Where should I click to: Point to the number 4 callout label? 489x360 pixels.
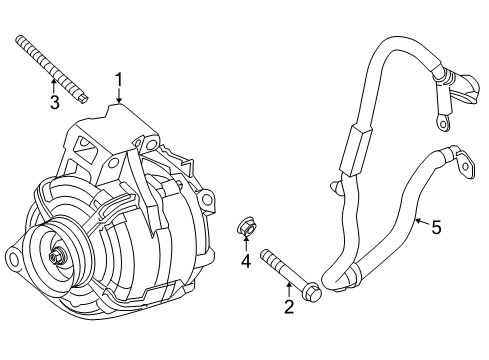[x=244, y=263]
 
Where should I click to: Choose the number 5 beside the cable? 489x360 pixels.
[x=436, y=227]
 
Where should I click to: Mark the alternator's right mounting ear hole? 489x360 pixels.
[x=208, y=202]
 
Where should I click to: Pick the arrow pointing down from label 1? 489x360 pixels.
[x=119, y=96]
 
